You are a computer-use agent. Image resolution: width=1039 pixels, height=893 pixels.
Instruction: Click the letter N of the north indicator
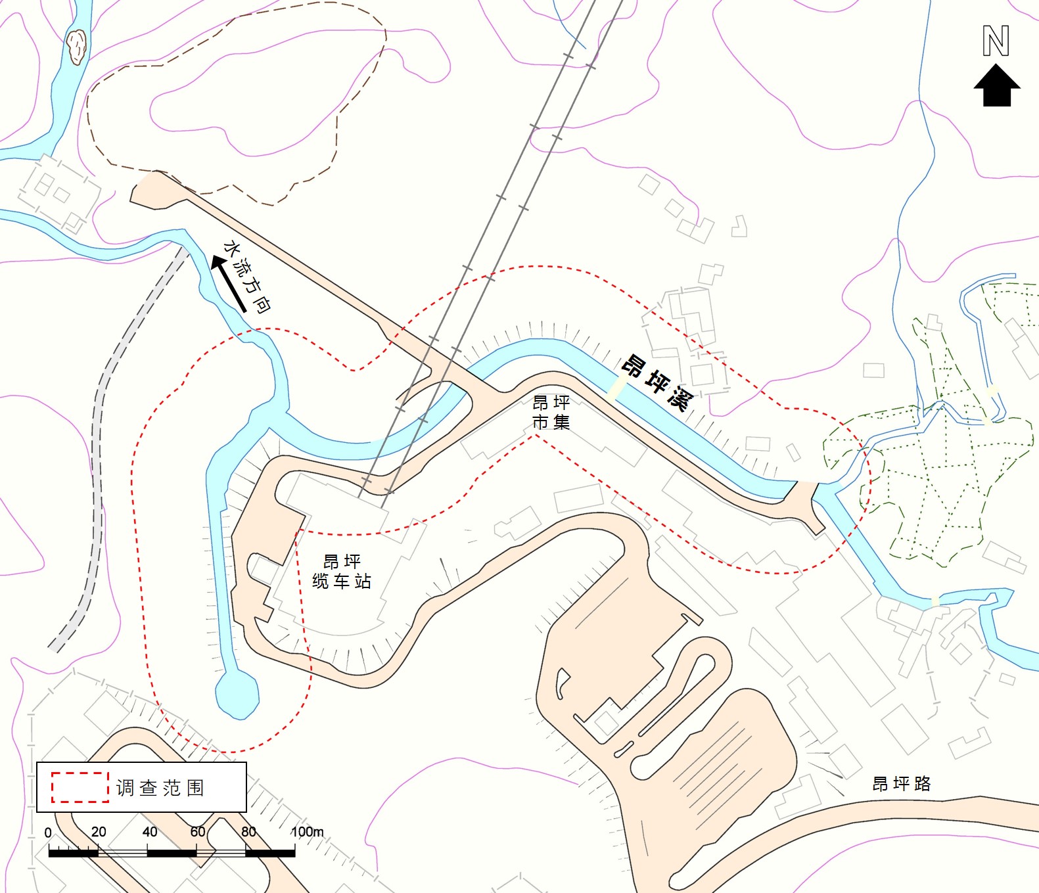click(996, 41)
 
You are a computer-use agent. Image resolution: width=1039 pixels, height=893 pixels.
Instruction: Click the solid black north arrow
click(996, 85)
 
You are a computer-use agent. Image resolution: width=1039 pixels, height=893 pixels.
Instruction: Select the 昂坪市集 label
click(551, 412)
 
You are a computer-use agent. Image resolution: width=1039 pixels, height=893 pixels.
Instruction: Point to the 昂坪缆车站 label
click(342, 571)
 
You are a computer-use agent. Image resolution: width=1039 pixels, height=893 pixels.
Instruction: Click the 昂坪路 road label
click(901, 783)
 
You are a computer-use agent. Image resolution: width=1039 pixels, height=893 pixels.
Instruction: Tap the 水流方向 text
click(248, 276)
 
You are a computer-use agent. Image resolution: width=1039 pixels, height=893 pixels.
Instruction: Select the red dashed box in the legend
click(80, 787)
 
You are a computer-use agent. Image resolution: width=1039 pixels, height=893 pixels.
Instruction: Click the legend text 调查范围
click(160, 787)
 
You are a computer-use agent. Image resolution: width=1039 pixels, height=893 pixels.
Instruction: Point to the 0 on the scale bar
click(48, 833)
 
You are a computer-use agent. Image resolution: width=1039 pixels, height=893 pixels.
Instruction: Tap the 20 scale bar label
click(99, 832)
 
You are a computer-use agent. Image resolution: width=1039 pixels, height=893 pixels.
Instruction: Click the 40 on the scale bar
click(149, 832)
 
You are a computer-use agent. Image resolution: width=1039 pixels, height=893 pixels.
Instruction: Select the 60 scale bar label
click(198, 832)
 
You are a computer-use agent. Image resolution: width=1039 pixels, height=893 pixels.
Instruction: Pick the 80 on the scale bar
click(248, 832)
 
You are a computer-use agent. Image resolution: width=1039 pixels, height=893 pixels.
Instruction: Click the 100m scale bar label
click(307, 832)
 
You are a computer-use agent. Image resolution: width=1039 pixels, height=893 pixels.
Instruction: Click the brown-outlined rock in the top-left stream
click(76, 47)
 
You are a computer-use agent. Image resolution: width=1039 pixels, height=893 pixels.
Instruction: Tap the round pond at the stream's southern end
click(237, 693)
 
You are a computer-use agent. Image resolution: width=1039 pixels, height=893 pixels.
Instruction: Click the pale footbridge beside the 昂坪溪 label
click(616, 388)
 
